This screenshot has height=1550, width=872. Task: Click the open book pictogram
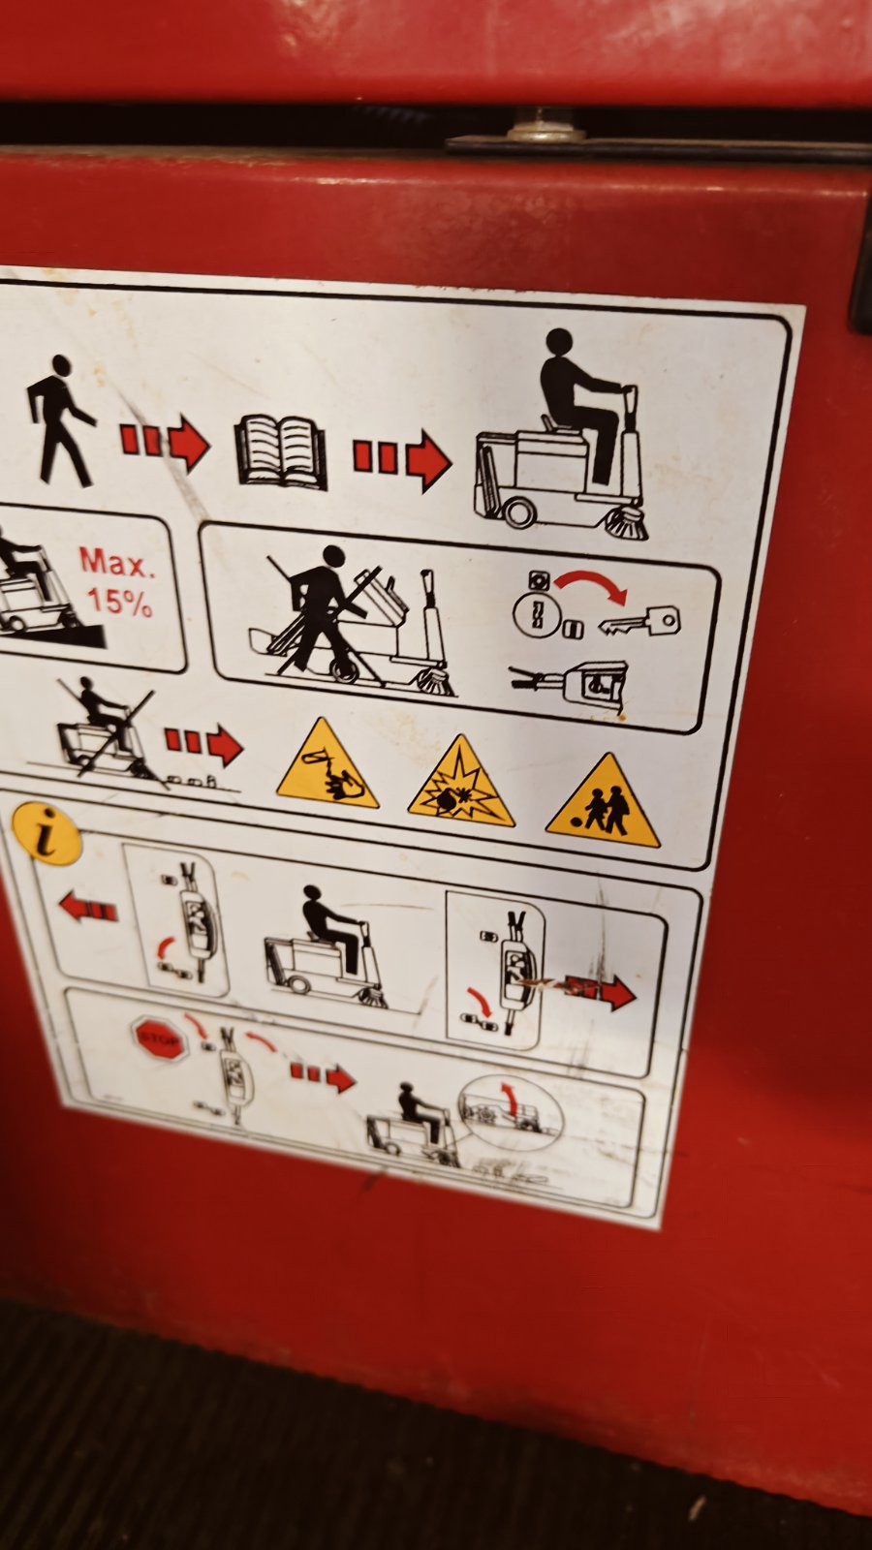[x=281, y=452]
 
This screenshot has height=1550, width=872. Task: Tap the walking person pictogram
[x=59, y=420]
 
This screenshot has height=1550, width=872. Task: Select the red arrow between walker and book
[x=165, y=442]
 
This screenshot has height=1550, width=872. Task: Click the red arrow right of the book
[x=402, y=459]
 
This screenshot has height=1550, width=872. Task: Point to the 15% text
[x=119, y=601]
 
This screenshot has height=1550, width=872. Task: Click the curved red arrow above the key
[x=591, y=585]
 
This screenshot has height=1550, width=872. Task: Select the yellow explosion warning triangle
[x=461, y=785]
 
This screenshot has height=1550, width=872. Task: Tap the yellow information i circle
[x=47, y=833]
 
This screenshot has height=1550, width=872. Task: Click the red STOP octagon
[x=160, y=1038]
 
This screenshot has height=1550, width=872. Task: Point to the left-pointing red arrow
[x=88, y=908]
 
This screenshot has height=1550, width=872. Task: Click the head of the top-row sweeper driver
[x=559, y=342]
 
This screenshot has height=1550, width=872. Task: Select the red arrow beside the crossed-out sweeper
[x=204, y=744]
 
